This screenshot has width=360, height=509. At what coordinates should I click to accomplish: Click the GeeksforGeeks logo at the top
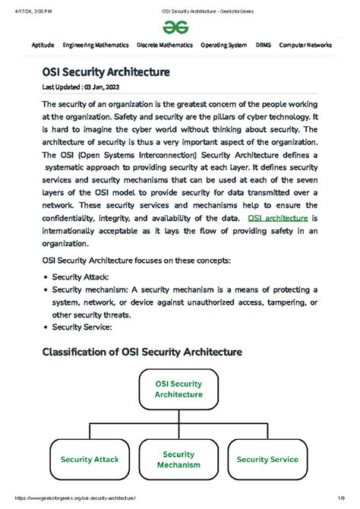(179, 27)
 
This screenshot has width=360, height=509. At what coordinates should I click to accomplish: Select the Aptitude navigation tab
(43, 46)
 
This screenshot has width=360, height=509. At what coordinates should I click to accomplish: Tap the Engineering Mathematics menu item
(96, 46)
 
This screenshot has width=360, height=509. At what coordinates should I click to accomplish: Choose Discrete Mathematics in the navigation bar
(165, 46)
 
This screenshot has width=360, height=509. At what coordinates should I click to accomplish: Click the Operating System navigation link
(224, 46)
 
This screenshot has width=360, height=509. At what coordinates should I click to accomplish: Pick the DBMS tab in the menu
(264, 46)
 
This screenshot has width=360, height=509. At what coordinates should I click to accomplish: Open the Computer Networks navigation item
(305, 46)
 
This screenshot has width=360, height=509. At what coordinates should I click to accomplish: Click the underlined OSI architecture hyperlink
(276, 219)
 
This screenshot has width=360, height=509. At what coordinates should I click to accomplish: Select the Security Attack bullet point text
(81, 277)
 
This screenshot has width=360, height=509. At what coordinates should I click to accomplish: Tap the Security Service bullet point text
(81, 327)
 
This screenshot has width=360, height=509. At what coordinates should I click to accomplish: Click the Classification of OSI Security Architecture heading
(141, 352)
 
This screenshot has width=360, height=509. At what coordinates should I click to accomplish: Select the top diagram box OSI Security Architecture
(178, 389)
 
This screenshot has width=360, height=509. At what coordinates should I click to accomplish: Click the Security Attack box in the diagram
(90, 459)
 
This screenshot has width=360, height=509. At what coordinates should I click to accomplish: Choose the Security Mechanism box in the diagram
(180, 459)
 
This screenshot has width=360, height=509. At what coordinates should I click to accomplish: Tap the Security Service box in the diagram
(269, 459)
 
